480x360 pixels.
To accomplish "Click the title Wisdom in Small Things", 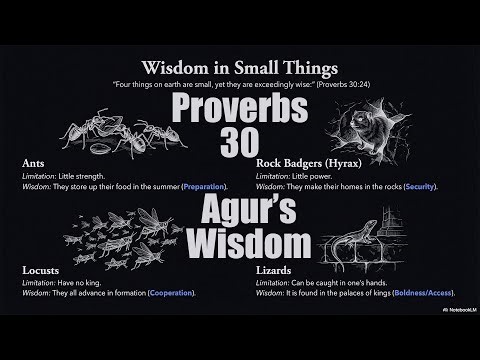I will pos(239,69).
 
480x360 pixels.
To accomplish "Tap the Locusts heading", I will pos(41,269).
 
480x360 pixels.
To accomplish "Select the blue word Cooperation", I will pos(170,292).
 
